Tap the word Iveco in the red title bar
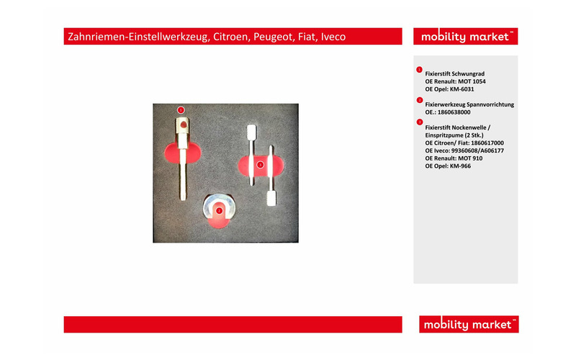333,37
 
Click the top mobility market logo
465,37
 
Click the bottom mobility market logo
469,325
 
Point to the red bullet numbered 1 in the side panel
419,69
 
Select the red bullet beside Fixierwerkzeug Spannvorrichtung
420,100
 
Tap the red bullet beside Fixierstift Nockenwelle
420,122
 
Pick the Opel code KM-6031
462,89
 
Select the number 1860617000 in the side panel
487,143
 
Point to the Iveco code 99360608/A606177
477,150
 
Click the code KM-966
460,166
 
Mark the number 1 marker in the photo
181,110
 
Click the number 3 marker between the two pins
260,165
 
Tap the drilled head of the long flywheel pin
183,125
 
